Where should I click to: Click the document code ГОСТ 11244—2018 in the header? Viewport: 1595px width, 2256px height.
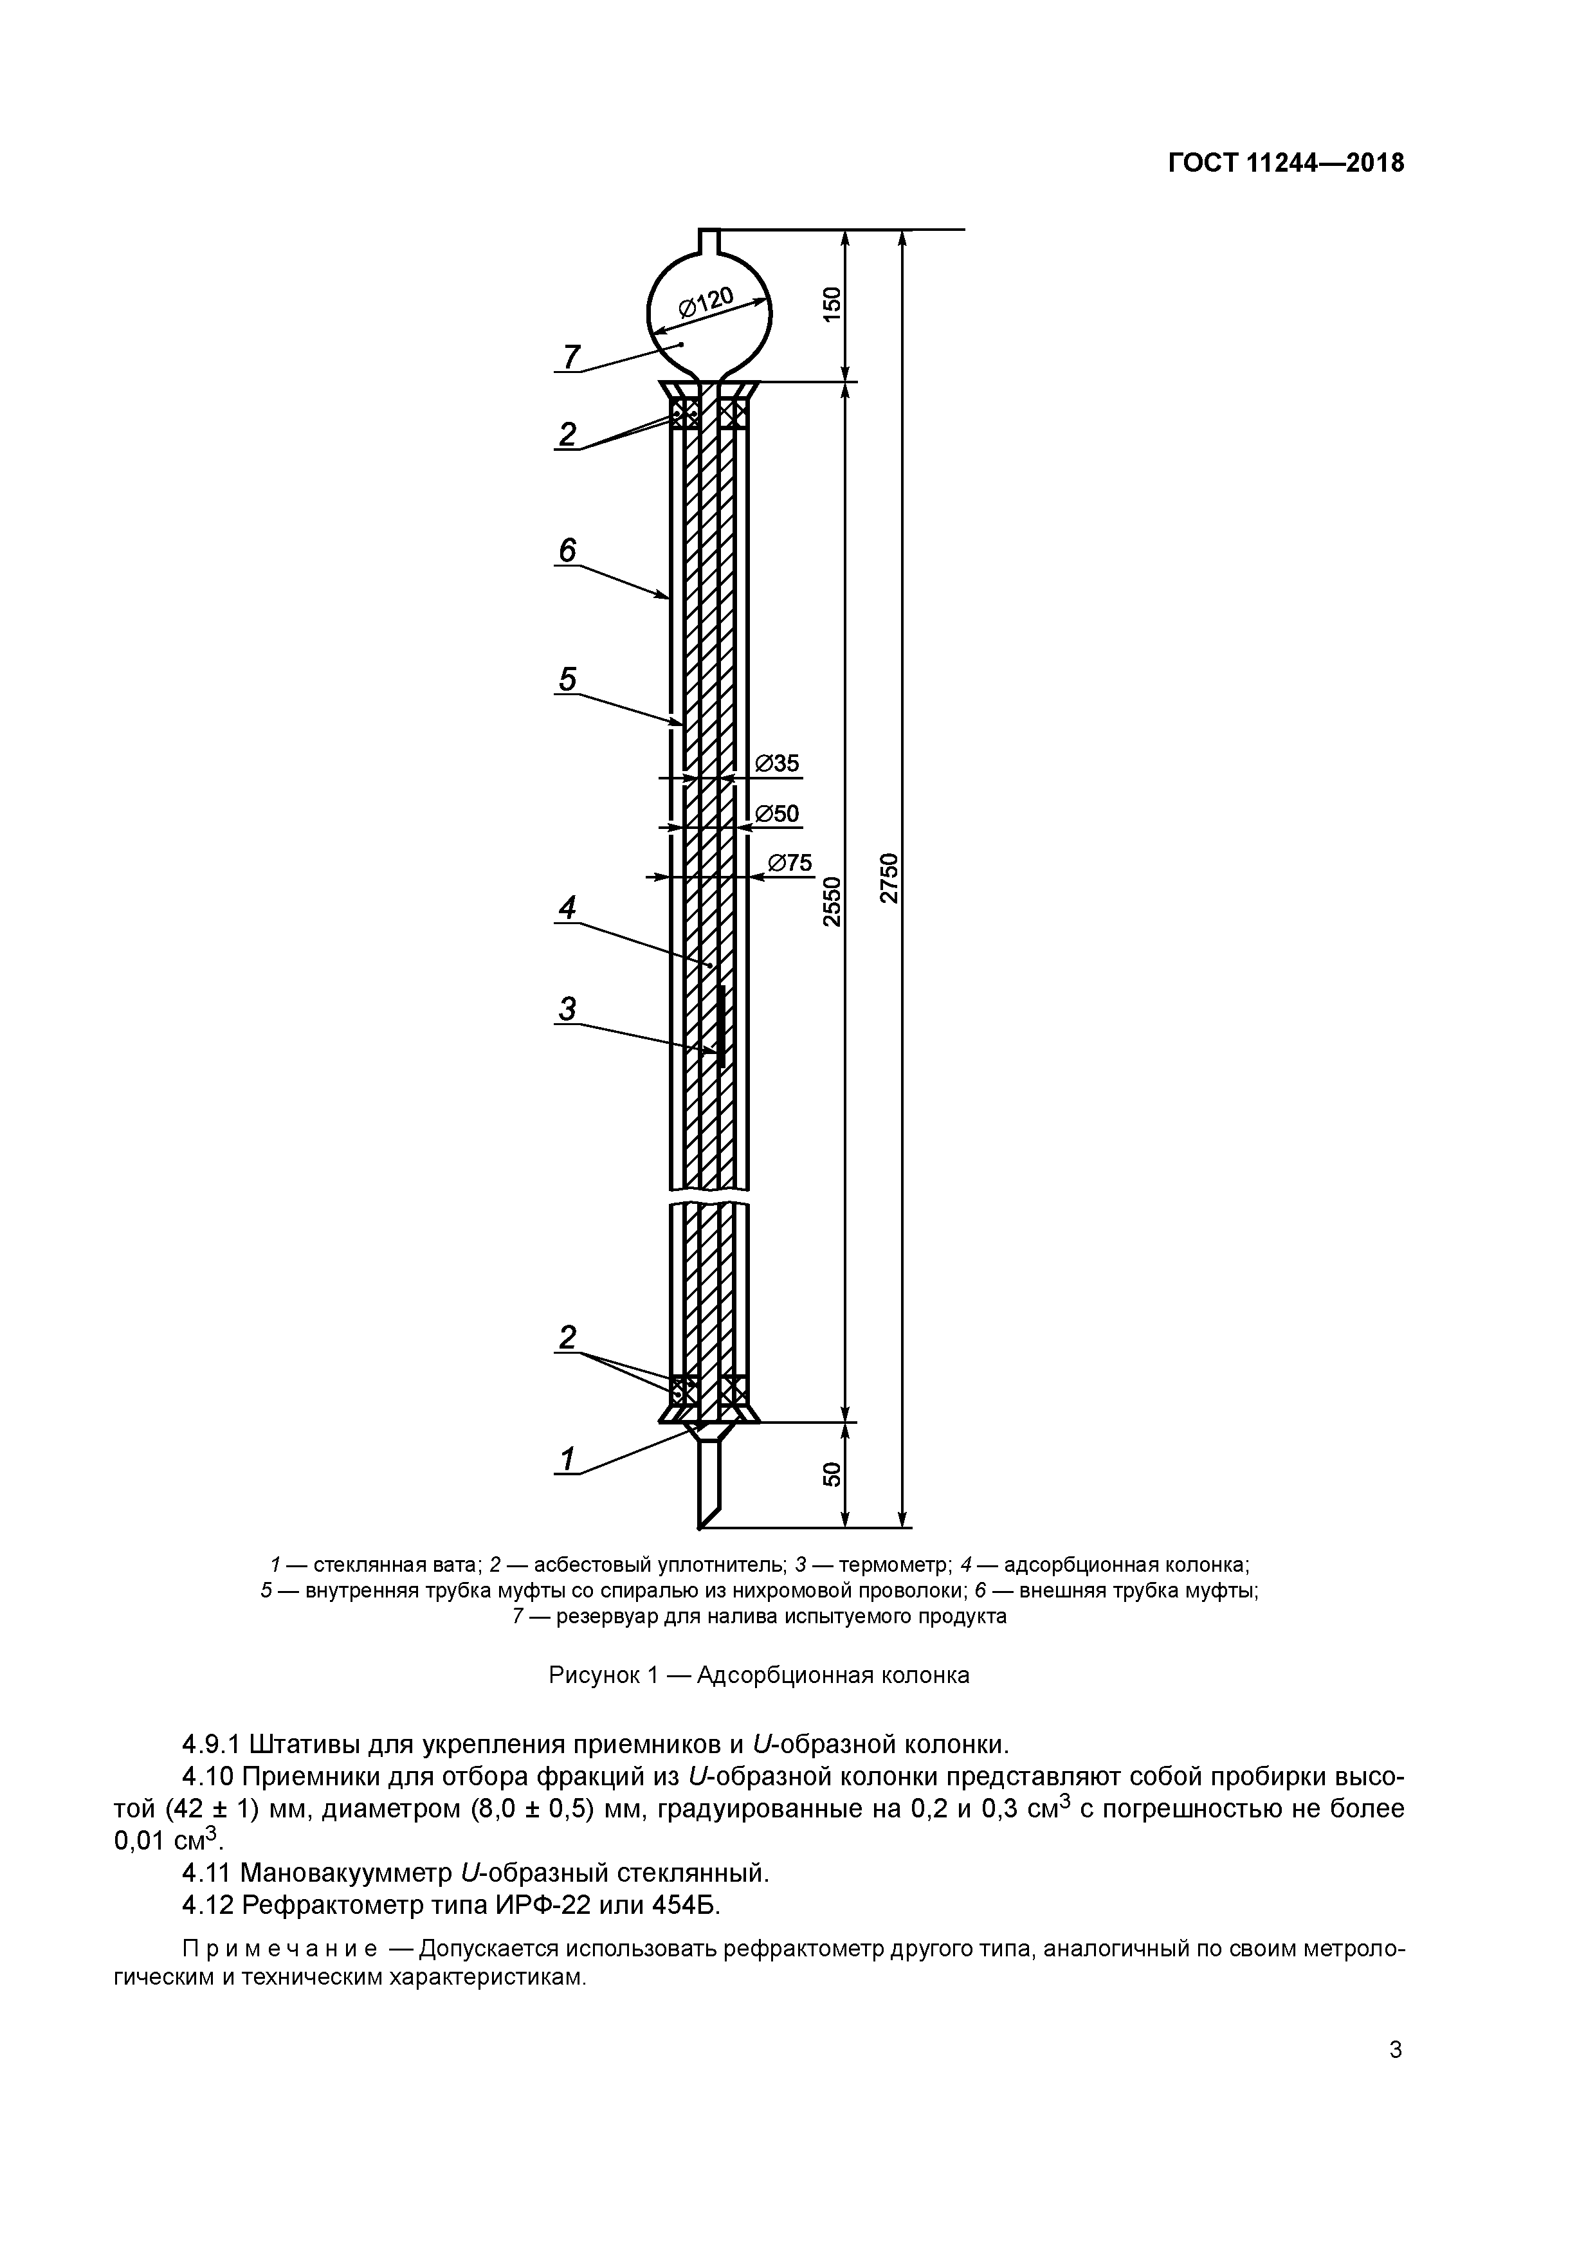[1286, 163]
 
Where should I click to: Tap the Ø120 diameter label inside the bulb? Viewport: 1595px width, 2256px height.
[705, 302]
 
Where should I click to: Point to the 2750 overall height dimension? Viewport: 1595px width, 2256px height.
[889, 877]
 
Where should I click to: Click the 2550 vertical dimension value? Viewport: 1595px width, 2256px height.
[832, 901]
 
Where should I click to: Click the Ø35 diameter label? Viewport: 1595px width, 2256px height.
[778, 763]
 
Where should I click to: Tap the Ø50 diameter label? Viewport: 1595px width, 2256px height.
[778, 814]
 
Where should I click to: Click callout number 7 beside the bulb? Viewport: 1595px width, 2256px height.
[571, 356]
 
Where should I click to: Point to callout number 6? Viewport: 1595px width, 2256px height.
[567, 551]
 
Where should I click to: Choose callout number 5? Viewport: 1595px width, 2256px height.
[567, 679]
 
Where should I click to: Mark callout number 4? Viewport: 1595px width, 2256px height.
[567, 908]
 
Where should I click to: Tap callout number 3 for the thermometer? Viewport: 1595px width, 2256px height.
[567, 1008]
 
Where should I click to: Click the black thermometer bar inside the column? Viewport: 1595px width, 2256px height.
[720, 1027]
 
